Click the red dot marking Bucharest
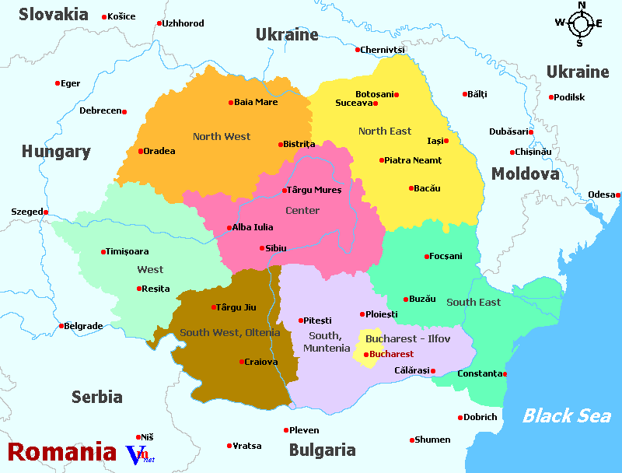pos(367,355)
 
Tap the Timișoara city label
pos(128,251)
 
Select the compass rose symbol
pos(580,23)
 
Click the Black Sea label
pos(566,415)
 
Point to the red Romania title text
pos(62,452)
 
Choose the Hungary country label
pos(56,152)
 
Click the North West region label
pos(222,137)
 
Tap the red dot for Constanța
pos(506,374)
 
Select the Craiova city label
pos(261,362)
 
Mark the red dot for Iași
pos(446,141)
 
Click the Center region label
pos(302,211)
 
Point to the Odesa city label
pos(599,194)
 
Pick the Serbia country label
pos(97,397)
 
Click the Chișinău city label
pos(533,152)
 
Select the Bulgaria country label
pos(322,450)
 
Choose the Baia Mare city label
pos(256,102)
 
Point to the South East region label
pos(473,303)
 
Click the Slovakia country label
pos(54,14)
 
